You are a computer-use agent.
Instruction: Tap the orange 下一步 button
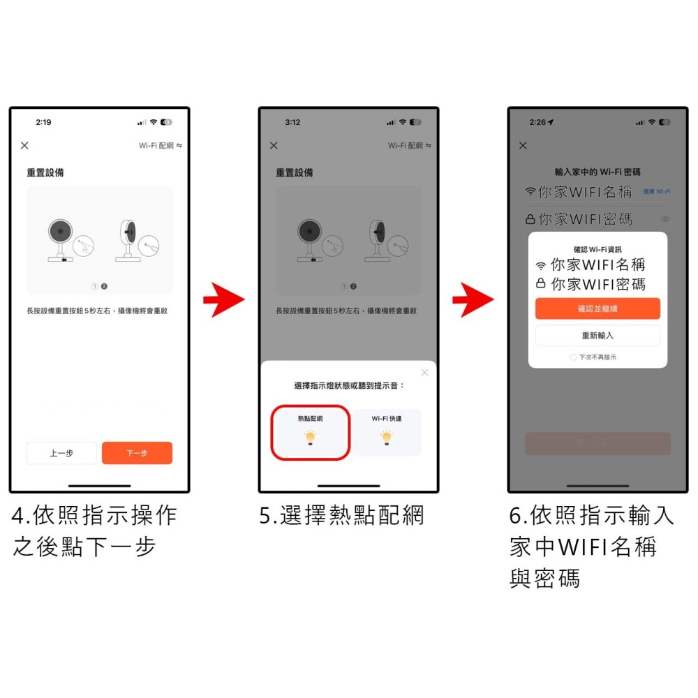(137, 453)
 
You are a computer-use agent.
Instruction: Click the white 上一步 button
(61, 453)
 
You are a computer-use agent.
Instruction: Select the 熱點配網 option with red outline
(310, 432)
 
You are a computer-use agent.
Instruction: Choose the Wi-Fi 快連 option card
(386, 432)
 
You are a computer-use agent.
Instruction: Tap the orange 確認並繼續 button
(597, 309)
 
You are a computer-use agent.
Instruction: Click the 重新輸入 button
(597, 335)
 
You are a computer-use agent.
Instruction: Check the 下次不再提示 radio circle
(573, 357)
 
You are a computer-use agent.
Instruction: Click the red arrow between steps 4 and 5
(223, 301)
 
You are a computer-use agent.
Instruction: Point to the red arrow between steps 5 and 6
(473, 301)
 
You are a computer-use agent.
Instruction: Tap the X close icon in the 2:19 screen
(24, 145)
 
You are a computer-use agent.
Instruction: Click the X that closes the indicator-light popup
(424, 373)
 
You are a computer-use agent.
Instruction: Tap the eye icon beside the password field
(665, 219)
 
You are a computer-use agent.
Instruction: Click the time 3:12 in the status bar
(292, 122)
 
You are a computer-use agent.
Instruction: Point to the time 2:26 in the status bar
(539, 122)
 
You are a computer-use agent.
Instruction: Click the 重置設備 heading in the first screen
(45, 172)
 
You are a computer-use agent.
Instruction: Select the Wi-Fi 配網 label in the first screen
(156, 145)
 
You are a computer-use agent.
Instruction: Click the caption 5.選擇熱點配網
(341, 516)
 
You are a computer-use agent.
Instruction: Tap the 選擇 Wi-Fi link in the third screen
(656, 191)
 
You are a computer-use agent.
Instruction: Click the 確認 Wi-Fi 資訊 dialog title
(597, 249)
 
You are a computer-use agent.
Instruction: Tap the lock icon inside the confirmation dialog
(540, 284)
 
